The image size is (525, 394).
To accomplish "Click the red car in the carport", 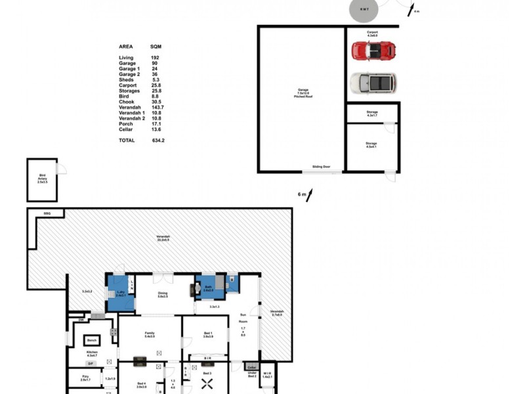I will (373, 51).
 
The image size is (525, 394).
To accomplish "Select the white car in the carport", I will (373, 83).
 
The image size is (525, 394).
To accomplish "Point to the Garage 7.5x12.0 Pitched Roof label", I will (302, 95).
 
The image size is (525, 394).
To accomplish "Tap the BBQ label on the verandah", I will (47, 213).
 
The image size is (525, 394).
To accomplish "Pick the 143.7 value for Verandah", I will (157, 107).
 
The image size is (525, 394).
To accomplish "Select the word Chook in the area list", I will (126, 102).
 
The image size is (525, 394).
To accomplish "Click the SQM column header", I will (156, 47).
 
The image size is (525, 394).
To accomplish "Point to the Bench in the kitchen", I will (92, 341).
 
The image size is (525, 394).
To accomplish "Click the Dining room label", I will (163, 295).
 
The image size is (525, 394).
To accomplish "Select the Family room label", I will (150, 334).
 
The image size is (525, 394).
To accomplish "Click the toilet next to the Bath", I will (232, 282).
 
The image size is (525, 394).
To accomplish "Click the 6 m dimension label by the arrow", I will (302, 194).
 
